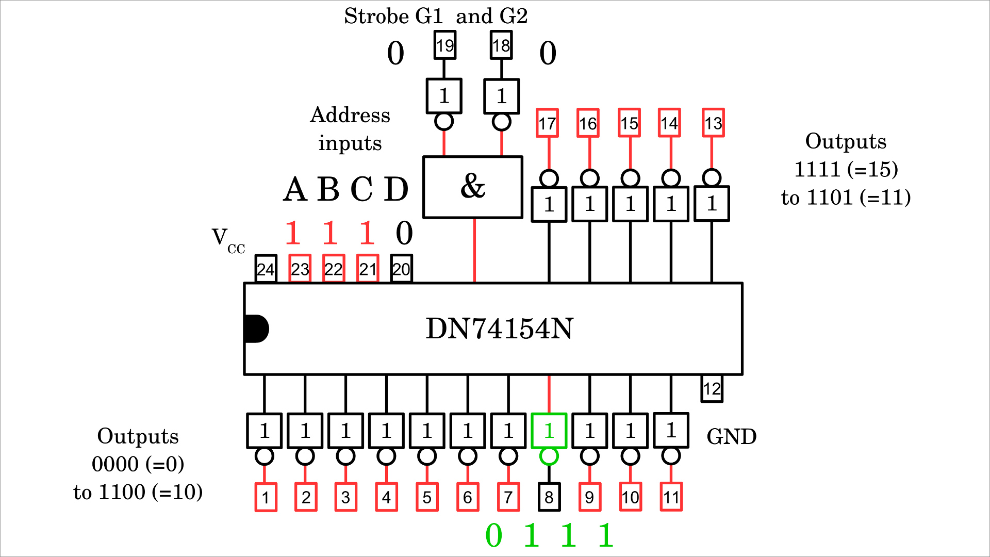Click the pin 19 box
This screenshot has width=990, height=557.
click(x=444, y=45)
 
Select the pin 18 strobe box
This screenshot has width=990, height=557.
click(x=501, y=45)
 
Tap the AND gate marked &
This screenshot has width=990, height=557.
click(x=472, y=187)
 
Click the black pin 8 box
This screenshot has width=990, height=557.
click(x=549, y=497)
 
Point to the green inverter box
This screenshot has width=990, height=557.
click(x=549, y=431)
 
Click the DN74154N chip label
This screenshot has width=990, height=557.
click(x=499, y=329)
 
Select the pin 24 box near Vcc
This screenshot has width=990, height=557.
click(x=266, y=269)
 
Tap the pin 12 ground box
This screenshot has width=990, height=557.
click(x=712, y=389)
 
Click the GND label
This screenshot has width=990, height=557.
click(x=731, y=437)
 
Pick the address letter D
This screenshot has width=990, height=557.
click(x=396, y=189)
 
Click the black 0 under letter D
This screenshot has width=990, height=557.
click(x=404, y=233)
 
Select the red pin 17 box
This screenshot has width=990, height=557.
click(x=547, y=123)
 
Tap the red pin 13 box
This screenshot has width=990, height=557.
click(x=713, y=123)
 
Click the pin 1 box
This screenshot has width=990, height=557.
click(x=266, y=497)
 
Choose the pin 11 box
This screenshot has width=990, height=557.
click(x=671, y=497)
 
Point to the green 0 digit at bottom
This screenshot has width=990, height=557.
click(x=493, y=535)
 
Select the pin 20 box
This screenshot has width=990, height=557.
click(x=401, y=269)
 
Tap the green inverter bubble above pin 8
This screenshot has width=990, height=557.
click(x=549, y=456)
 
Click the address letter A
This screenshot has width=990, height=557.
click(x=295, y=189)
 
